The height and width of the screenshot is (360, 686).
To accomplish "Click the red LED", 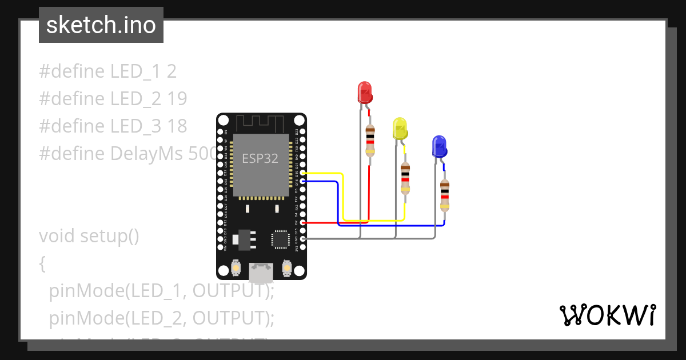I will click(x=364, y=92).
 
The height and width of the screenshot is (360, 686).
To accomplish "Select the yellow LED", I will click(x=399, y=128).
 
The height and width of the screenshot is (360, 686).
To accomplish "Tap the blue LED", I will click(x=438, y=146).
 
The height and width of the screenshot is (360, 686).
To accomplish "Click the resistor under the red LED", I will click(x=370, y=141).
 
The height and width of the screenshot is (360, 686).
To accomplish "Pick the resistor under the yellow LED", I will click(x=405, y=178).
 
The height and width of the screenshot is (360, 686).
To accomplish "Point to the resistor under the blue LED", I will click(x=444, y=195).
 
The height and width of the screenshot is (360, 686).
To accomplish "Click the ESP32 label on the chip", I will click(x=260, y=158).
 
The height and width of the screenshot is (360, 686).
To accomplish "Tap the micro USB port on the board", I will click(x=262, y=273).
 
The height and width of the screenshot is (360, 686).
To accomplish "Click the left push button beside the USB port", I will click(x=236, y=267).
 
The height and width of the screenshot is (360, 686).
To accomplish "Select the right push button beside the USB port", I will click(x=288, y=267).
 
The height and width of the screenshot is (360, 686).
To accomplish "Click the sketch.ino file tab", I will click(x=101, y=25).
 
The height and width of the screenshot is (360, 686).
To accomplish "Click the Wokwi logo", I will click(x=607, y=315).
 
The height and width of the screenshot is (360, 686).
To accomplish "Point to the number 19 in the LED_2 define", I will click(x=177, y=99).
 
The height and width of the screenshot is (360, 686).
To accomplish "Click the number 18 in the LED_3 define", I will click(x=177, y=126).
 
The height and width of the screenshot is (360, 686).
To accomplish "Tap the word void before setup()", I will click(x=57, y=235).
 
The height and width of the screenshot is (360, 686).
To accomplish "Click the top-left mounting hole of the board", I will click(x=224, y=121).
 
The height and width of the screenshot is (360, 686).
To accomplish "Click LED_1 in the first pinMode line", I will click(x=153, y=291).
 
